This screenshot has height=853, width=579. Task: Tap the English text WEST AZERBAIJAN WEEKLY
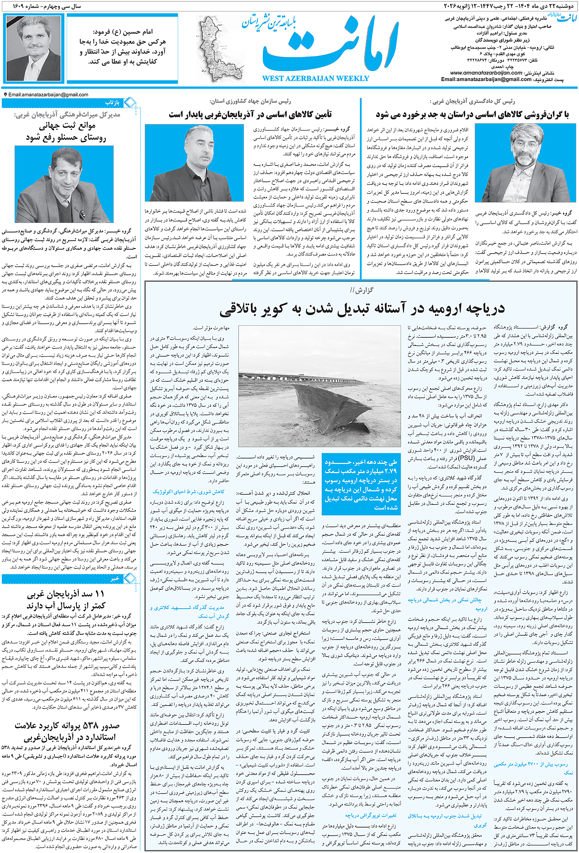click(315, 79)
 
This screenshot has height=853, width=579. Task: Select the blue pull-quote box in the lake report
click(361, 484)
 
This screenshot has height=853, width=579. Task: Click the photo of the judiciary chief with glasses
click(525, 163)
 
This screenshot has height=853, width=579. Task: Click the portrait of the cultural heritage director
click(64, 184)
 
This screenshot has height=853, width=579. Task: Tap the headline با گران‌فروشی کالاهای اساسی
click(472, 115)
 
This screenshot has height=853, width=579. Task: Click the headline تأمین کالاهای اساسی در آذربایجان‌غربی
click(250, 115)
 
